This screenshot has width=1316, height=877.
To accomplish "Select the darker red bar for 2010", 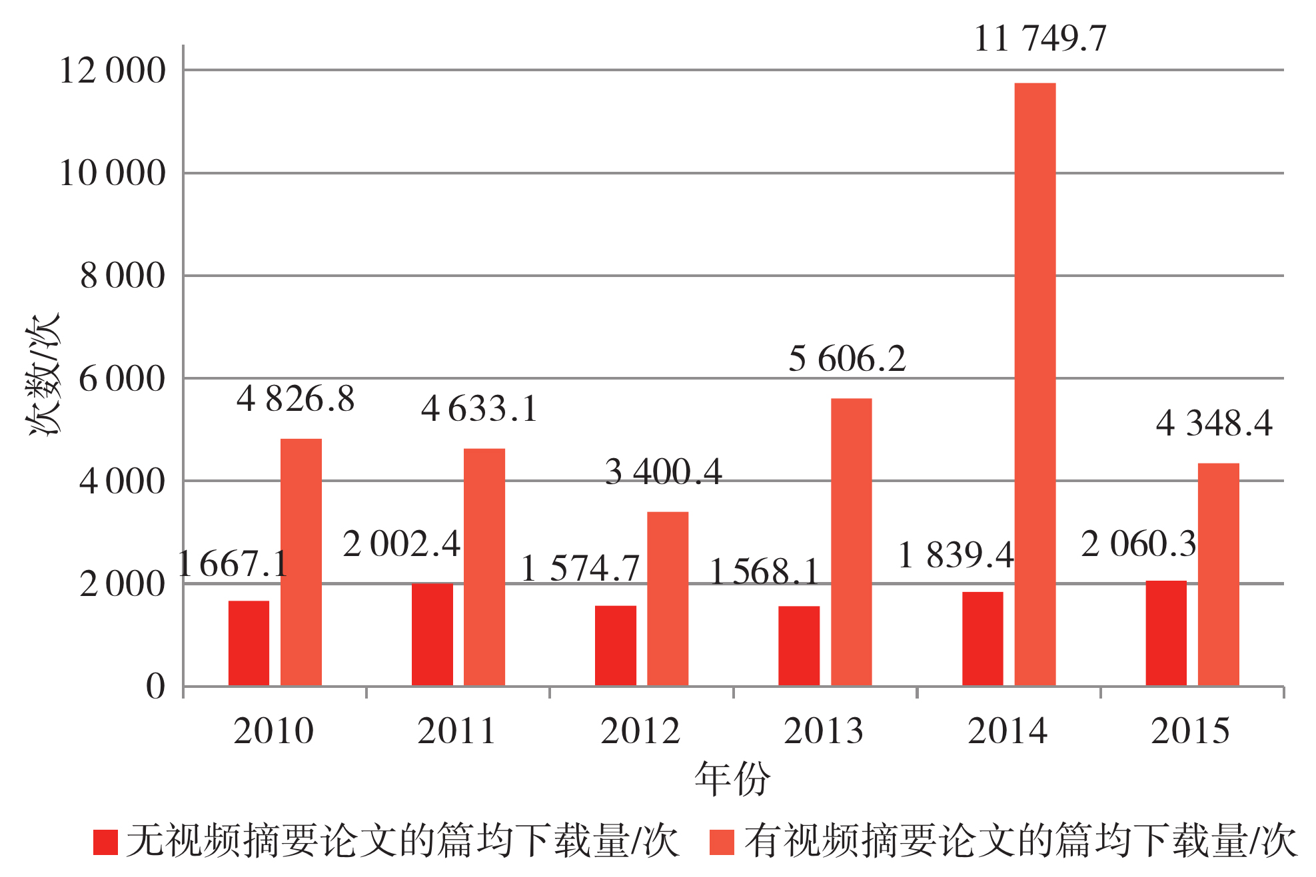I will point(249,643).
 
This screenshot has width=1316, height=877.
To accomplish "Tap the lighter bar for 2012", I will point(668,599).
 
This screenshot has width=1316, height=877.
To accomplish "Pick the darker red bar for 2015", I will point(1166,633).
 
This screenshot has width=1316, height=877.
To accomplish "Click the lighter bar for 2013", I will point(851,542).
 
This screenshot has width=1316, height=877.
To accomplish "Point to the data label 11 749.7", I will point(1039,39).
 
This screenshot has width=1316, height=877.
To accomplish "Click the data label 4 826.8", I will point(295,400).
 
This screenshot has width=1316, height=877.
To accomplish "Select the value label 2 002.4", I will point(401,545).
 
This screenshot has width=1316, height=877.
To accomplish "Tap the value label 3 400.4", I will point(663,472).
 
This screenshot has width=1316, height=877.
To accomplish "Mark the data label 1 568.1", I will point(764,572).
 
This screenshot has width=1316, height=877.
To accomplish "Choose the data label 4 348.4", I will point(1213,424).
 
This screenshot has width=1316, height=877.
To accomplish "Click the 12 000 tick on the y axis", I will point(112,71).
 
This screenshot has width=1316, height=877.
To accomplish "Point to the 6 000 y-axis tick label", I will point(122,380).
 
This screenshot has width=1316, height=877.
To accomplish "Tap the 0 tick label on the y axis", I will point(155,687).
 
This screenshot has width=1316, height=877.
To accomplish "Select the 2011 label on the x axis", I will point(456,731).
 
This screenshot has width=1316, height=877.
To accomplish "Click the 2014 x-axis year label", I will point(1007,731).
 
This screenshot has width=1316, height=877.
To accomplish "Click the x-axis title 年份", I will point(732,778).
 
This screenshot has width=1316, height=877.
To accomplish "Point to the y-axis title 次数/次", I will point(43,373).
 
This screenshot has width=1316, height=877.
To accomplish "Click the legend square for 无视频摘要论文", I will point(105,842).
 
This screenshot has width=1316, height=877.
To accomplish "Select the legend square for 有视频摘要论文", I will point(722,842).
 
